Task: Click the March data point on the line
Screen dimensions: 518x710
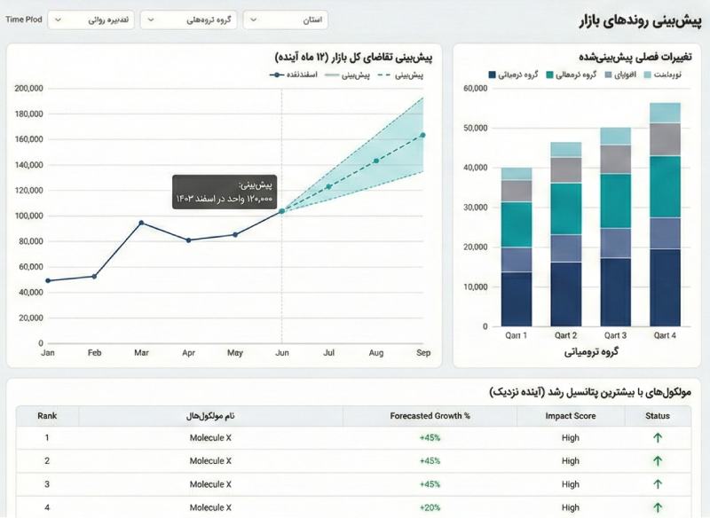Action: click(x=141, y=223)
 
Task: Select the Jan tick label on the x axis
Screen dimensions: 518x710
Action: click(x=47, y=353)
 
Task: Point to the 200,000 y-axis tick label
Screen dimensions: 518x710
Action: click(x=29, y=89)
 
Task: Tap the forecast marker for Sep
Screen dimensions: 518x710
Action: click(x=422, y=135)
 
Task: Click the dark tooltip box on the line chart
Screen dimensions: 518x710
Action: click(x=225, y=192)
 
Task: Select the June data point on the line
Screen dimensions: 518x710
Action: click(x=282, y=211)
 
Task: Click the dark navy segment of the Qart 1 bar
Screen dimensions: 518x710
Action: click(x=517, y=299)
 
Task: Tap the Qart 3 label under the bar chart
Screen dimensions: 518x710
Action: click(x=616, y=335)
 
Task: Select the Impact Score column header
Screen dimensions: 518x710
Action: click(x=570, y=416)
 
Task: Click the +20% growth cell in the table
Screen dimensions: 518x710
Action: click(x=430, y=507)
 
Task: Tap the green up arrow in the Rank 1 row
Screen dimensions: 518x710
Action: click(x=658, y=438)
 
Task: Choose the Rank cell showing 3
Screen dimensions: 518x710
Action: click(x=47, y=484)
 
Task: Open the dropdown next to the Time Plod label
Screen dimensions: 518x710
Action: click(x=91, y=20)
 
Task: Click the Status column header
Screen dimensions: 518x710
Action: click(x=658, y=416)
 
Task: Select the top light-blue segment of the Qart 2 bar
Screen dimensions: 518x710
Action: click(x=566, y=149)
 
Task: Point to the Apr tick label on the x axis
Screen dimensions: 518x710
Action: click(x=188, y=353)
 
